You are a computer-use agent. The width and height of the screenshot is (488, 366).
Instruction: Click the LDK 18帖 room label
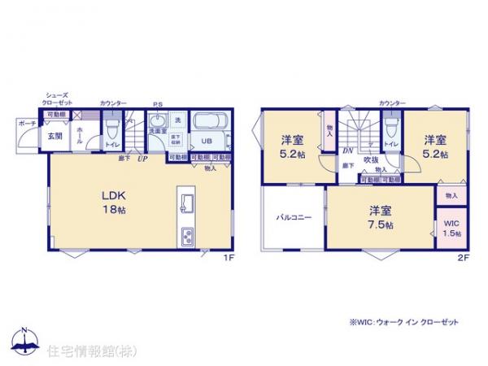click(x=112, y=203)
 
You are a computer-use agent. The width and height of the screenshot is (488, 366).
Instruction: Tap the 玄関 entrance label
click(x=53, y=136)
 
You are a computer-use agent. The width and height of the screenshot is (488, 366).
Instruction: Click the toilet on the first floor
click(x=114, y=129)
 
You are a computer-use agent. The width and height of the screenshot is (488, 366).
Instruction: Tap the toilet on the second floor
click(x=391, y=127)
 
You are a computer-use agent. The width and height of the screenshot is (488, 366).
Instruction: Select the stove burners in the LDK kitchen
click(x=185, y=237)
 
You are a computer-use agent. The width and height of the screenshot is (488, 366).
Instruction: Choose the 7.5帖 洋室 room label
click(x=378, y=217)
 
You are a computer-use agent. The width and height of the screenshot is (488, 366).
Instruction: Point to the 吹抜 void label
click(x=370, y=160)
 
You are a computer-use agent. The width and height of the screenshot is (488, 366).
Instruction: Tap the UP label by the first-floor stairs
click(x=142, y=159)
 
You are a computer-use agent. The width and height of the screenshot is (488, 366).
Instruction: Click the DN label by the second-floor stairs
click(x=347, y=151)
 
